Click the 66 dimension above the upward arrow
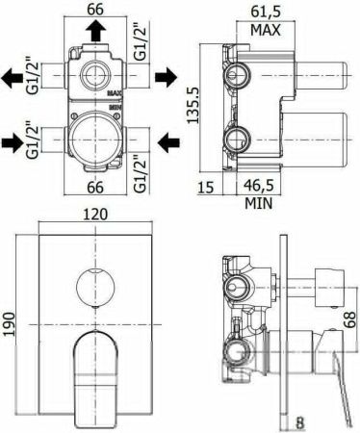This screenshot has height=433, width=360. tap(92, 11)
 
